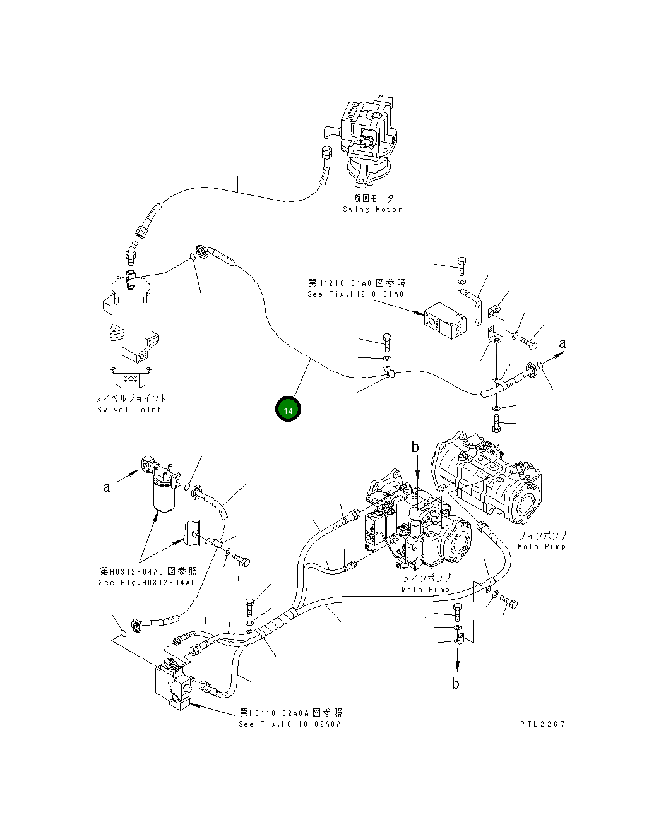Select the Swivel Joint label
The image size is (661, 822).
click(130, 404)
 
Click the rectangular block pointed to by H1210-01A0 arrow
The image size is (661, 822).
click(446, 322)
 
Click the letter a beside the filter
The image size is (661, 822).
click(107, 487)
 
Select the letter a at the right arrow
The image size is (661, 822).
click(563, 343)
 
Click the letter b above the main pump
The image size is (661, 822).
click(415, 447)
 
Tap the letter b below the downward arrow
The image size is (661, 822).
click(455, 683)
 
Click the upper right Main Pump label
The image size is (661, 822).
click(542, 540)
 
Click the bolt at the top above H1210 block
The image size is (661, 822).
click(462, 266)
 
